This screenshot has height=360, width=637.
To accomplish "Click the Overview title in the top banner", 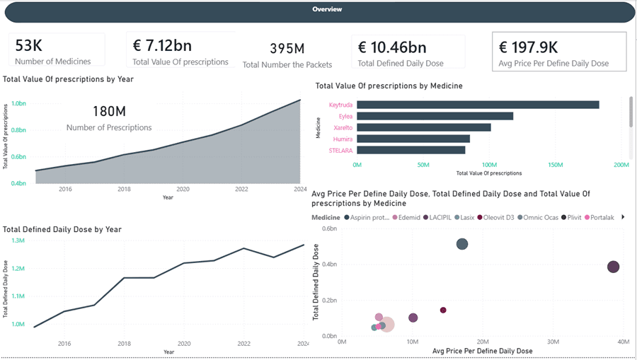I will pyautogui.click(x=327, y=10).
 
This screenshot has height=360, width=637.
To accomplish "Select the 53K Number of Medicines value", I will pyautogui.click(x=29, y=45).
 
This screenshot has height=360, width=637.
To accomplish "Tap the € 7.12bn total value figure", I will pyautogui.click(x=162, y=46).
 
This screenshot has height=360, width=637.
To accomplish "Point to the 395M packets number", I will pyautogui.click(x=287, y=49).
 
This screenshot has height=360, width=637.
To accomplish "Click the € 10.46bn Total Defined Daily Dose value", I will pyautogui.click(x=391, y=47).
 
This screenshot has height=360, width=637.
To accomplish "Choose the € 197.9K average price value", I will pyautogui.click(x=528, y=47).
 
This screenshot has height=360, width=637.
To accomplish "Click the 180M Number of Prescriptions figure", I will pyautogui.click(x=109, y=111).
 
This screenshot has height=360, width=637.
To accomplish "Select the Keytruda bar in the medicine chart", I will pyautogui.click(x=478, y=105).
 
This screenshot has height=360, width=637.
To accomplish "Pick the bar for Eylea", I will pyautogui.click(x=435, y=116).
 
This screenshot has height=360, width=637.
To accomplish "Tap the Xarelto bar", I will pyautogui.click(x=423, y=127).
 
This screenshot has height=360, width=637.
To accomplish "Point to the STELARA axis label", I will pyautogui.click(x=340, y=151).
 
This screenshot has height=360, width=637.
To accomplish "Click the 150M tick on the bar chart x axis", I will pyautogui.click(x=555, y=165).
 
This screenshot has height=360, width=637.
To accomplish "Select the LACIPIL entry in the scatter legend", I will pyautogui.click(x=442, y=217).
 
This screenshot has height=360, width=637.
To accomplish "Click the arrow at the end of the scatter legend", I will pyautogui.click(x=623, y=217).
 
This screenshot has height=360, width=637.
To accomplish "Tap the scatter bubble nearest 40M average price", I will pyautogui.click(x=613, y=267).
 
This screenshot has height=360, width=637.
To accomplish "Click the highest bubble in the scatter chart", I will pyautogui.click(x=462, y=244).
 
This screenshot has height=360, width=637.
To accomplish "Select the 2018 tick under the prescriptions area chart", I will pyautogui.click(x=124, y=190).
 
